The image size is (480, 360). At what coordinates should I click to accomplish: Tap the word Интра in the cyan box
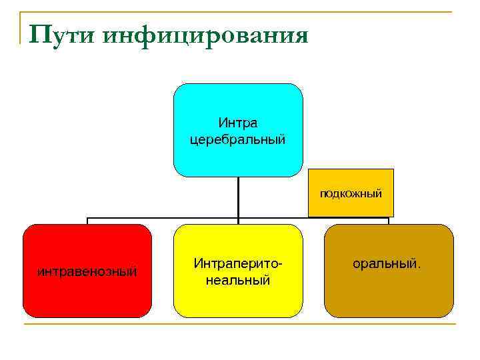238,123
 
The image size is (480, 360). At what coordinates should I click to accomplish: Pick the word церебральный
238,139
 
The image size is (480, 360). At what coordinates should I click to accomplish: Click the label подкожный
351,194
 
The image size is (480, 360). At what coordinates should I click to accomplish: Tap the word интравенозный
87,271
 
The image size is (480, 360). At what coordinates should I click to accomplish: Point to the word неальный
238,280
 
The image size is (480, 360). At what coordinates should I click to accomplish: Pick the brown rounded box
389,293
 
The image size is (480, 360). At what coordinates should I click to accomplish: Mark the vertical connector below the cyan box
238,197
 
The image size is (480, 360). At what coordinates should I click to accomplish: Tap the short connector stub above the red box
87,221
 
